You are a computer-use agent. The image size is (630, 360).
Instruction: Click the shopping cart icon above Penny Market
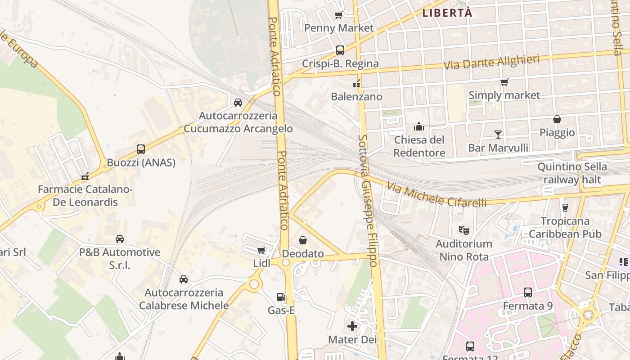(339, 15)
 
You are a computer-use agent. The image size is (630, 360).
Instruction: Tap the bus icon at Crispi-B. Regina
(340, 50)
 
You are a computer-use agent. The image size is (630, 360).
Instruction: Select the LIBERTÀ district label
(447, 13)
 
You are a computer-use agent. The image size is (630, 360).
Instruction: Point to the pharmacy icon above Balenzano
(356, 83)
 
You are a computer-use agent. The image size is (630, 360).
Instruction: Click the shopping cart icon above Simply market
(504, 82)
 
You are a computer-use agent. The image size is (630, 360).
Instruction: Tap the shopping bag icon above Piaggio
(557, 119)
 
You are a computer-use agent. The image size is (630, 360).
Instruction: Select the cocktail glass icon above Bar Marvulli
(498, 134)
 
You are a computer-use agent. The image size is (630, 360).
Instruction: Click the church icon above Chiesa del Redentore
(419, 126)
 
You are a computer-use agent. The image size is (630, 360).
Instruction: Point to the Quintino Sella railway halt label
(572, 173)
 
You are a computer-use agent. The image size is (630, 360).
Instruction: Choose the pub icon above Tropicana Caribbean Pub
(565, 207)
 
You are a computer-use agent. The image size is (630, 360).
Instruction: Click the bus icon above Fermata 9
(528, 292)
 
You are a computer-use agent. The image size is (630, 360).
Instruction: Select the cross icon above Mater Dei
(352, 326)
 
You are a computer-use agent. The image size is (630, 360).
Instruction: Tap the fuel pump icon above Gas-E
(281, 297)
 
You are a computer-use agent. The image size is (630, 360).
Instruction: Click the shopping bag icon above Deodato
(303, 240)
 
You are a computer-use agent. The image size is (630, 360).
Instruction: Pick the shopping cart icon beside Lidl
(261, 250)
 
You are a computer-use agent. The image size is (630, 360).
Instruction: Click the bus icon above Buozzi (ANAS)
(141, 149)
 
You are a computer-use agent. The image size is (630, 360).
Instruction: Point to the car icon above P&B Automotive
(120, 239)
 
